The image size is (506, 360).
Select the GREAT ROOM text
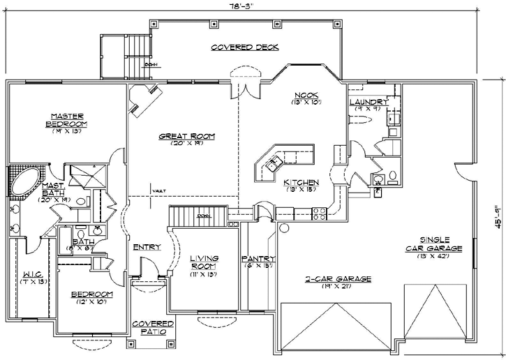[x=186, y=136]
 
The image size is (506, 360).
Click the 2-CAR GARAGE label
[x=337, y=278]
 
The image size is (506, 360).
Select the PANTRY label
[x=258, y=259]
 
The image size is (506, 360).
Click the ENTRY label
[x=147, y=247]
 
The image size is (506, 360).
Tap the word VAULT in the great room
[x=160, y=191]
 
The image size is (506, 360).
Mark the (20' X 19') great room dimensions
[x=186, y=143]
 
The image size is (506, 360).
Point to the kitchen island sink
[x=272, y=164]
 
